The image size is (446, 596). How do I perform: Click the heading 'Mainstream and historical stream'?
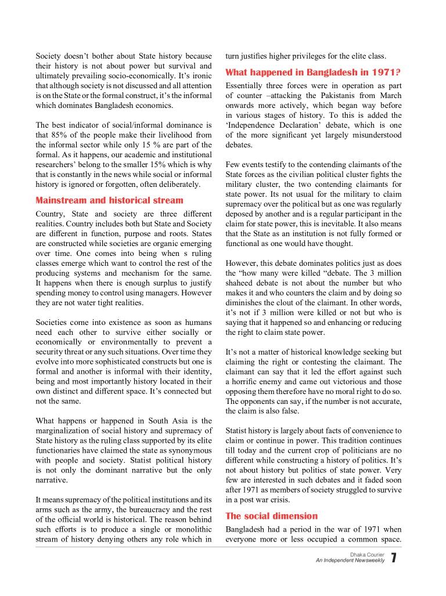point(109,200)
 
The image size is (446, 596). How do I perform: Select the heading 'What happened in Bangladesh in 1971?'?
point(313,73)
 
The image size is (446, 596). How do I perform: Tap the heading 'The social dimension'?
point(271,516)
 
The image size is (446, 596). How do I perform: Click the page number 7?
point(394,558)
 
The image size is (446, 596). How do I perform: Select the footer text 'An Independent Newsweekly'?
point(350,561)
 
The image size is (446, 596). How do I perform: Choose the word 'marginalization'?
point(64,431)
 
